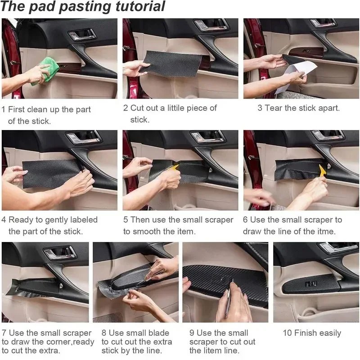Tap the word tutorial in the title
pos(135,7)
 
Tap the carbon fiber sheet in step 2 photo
pos(173,63)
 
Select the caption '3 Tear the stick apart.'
pos(298,108)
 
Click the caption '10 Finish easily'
pos(312,333)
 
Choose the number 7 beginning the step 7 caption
pos(4,333)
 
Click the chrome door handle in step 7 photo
pos(58,253)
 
